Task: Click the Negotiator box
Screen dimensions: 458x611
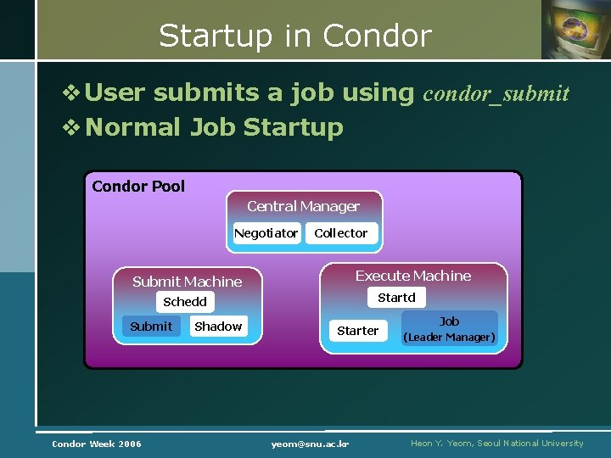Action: pyautogui.click(x=266, y=233)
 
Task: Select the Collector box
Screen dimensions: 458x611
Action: pyautogui.click(x=340, y=233)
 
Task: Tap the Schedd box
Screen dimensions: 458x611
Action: pyautogui.click(x=185, y=302)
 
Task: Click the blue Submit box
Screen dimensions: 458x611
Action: pyautogui.click(x=151, y=327)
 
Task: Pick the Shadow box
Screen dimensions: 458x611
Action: pyautogui.click(x=218, y=327)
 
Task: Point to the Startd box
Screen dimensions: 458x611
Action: pyautogui.click(x=396, y=298)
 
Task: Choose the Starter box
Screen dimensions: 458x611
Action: pyautogui.click(x=357, y=331)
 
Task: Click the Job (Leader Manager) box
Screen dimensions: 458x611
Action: pyautogui.click(x=449, y=329)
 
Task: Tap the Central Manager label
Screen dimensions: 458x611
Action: pyautogui.click(x=303, y=206)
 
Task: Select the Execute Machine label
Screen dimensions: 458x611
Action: pyautogui.click(x=412, y=276)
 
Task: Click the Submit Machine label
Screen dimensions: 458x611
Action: pyautogui.click(x=187, y=282)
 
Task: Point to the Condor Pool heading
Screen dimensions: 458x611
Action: pyautogui.click(x=138, y=187)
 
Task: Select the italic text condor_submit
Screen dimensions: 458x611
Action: pyautogui.click(x=496, y=93)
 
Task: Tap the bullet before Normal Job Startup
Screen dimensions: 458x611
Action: pyautogui.click(x=73, y=128)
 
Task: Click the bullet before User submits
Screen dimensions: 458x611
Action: pyautogui.click(x=73, y=92)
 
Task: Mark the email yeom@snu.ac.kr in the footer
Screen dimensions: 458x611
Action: pyautogui.click(x=311, y=444)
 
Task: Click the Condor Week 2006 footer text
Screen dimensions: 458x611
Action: pyautogui.click(x=97, y=444)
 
